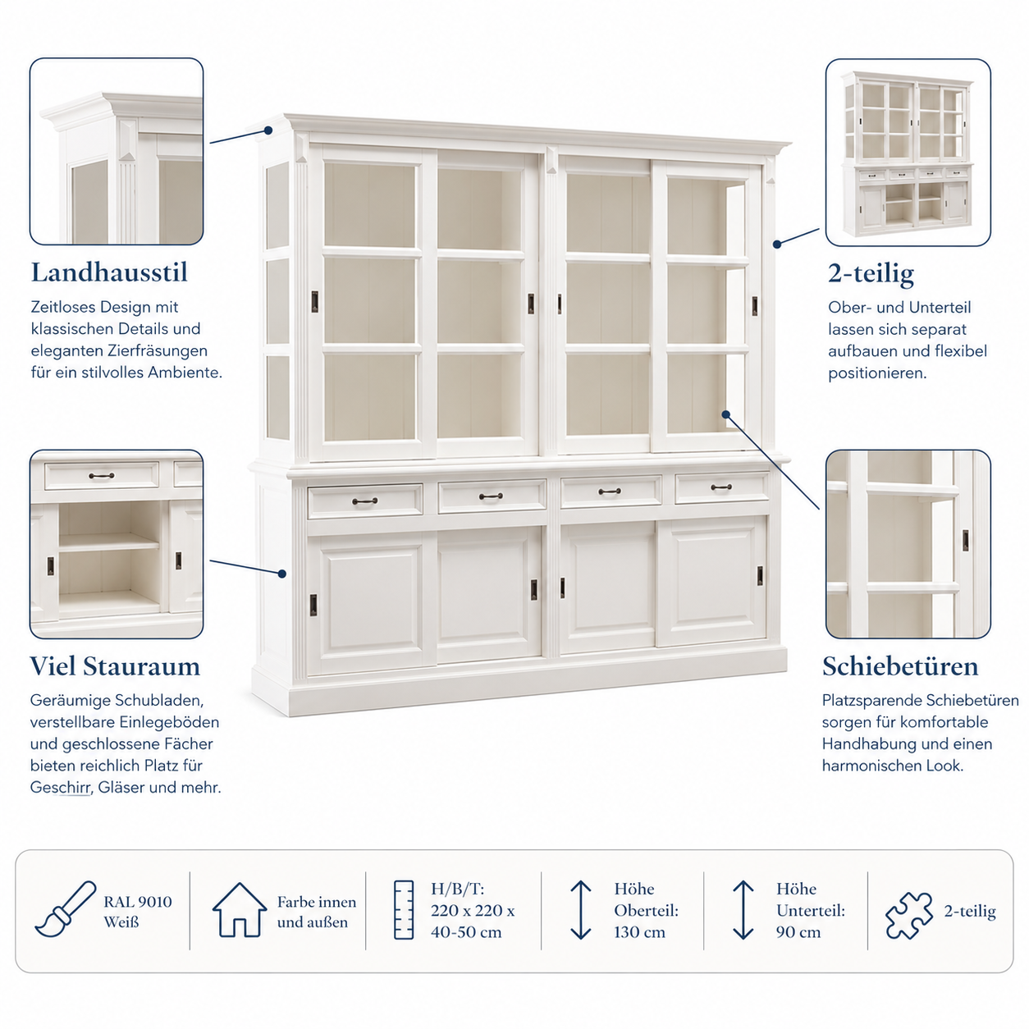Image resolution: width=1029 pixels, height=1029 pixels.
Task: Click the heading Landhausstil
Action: click(x=109, y=272)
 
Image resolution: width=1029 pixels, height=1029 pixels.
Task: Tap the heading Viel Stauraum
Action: click(x=115, y=665)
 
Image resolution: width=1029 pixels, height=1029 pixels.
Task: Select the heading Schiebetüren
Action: click(x=900, y=665)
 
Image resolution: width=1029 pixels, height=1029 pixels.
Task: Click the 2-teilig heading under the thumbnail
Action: click(x=871, y=274)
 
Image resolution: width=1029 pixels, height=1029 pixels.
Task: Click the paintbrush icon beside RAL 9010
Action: click(x=65, y=909)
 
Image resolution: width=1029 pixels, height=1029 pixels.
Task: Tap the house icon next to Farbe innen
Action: click(x=240, y=909)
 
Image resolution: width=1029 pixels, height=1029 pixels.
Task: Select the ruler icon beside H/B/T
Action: click(x=404, y=909)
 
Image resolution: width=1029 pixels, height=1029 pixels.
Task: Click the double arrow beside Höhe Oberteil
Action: click(x=580, y=910)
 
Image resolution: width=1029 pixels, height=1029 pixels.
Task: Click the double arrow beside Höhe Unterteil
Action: click(x=743, y=910)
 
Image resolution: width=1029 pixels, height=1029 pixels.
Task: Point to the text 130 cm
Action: click(x=639, y=932)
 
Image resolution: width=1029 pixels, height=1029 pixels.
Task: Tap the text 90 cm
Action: click(x=798, y=932)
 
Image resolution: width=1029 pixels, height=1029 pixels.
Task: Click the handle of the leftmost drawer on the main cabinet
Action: click(x=364, y=501)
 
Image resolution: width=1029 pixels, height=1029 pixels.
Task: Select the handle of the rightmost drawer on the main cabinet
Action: click(x=721, y=487)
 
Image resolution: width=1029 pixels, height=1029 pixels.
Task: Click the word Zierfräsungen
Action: click(x=158, y=351)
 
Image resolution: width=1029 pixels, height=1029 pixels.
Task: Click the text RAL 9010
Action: click(x=138, y=902)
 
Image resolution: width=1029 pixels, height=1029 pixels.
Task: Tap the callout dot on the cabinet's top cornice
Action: click(x=268, y=130)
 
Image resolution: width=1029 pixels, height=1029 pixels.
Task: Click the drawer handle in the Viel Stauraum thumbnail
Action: click(x=102, y=476)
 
